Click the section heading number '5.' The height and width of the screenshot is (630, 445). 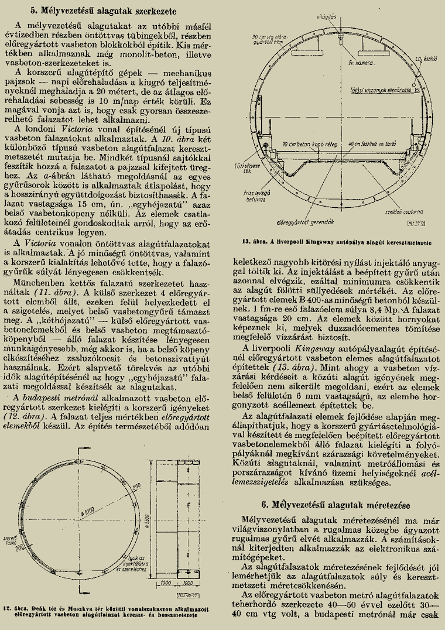click(x=35, y=11)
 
